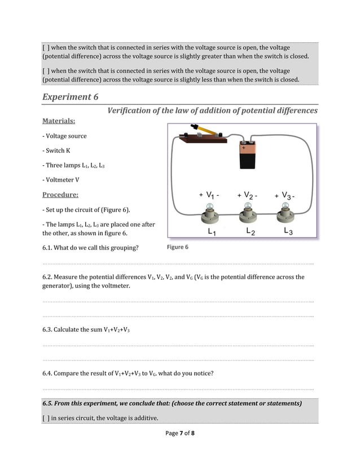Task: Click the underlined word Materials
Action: [x=59, y=121]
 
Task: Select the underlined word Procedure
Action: [x=60, y=195]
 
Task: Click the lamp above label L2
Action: [x=248, y=214]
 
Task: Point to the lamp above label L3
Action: [x=285, y=214]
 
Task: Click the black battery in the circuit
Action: [x=248, y=155]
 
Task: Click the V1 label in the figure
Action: [x=209, y=195]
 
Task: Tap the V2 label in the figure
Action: [x=247, y=195]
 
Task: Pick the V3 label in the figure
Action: [x=286, y=195]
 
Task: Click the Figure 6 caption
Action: [x=178, y=248]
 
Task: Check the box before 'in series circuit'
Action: [x=46, y=418]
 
